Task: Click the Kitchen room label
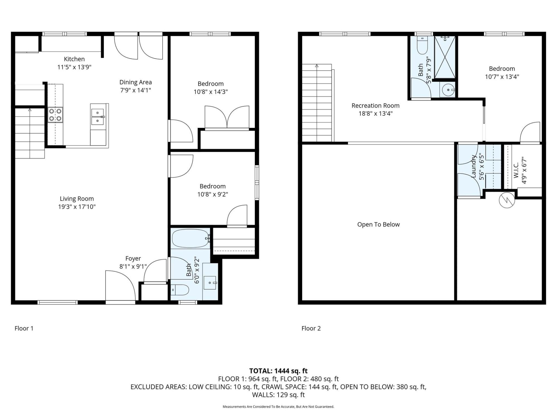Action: pyautogui.click(x=74, y=59)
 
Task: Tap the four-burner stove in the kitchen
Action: pyautogui.click(x=55, y=115)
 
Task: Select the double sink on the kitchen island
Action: pyautogui.click(x=97, y=117)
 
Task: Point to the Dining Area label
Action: pyautogui.click(x=136, y=82)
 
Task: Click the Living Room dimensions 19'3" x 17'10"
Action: pyautogui.click(x=77, y=207)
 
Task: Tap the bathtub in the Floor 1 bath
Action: pyautogui.click(x=190, y=239)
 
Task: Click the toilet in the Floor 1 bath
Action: pyautogui.click(x=180, y=290)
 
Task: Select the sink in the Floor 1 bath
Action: pyautogui.click(x=210, y=283)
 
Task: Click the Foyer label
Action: pyautogui.click(x=133, y=259)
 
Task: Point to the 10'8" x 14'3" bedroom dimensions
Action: pyautogui.click(x=211, y=92)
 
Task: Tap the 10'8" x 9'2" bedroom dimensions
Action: pyautogui.click(x=213, y=195)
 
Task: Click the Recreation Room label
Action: pyautogui.click(x=375, y=106)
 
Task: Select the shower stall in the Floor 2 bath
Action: pyautogui.click(x=445, y=57)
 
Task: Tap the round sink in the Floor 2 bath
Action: pyautogui.click(x=448, y=90)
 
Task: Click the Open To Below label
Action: pyautogui.click(x=378, y=225)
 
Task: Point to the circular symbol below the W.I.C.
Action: pyautogui.click(x=507, y=200)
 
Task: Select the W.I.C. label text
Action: pyautogui.click(x=516, y=170)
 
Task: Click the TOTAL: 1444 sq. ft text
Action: pyautogui.click(x=278, y=371)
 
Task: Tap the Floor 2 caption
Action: pyautogui.click(x=311, y=329)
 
